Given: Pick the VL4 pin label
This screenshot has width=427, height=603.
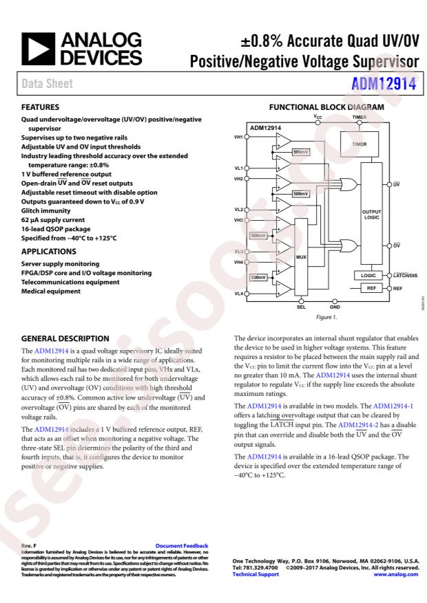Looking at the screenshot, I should (238, 294).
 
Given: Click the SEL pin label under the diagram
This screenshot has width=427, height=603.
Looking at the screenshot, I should (301, 307).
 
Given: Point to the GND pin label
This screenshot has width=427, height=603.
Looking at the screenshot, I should (335, 307).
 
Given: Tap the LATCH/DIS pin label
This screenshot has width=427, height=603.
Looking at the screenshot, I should (407, 276).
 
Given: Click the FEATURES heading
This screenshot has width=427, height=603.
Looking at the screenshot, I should (41, 108).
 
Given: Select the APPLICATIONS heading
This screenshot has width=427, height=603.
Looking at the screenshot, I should (48, 252).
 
